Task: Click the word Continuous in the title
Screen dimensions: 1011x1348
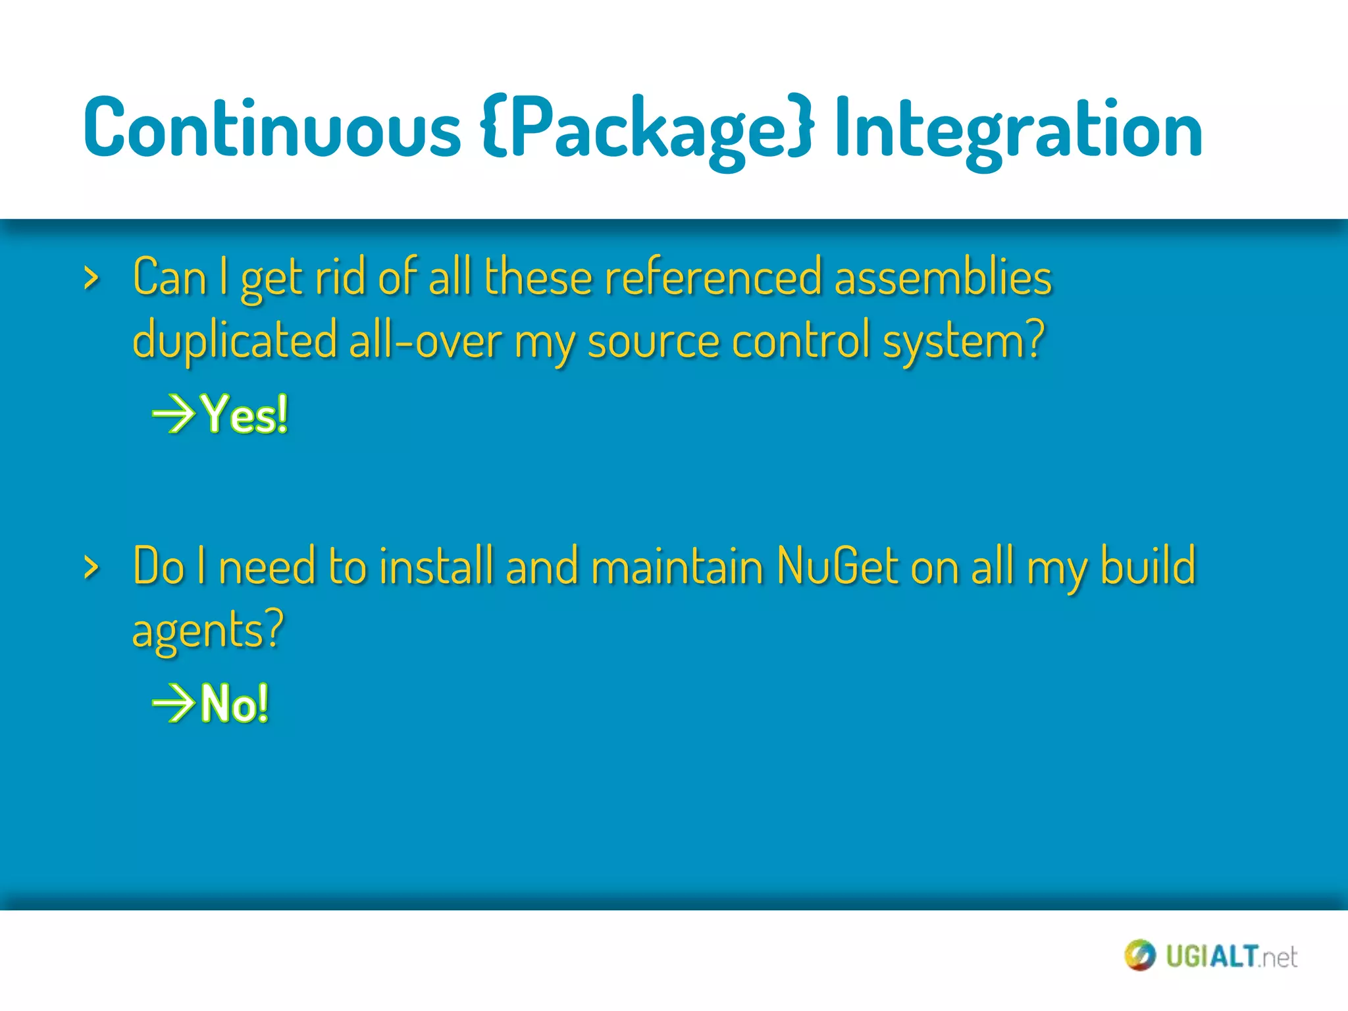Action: [x=271, y=128]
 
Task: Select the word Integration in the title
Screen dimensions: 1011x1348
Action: [x=1018, y=128]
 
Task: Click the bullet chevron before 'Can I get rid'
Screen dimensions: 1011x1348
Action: [x=91, y=279]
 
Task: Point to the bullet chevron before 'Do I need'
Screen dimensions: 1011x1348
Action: [x=91, y=567]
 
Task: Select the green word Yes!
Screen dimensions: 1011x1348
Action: [x=245, y=415]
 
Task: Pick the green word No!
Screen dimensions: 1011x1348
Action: [x=235, y=704]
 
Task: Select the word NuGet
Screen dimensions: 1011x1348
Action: [x=837, y=566]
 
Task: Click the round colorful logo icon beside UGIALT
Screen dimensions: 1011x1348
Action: [x=1139, y=955]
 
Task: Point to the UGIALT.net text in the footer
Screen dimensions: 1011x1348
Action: [x=1231, y=956]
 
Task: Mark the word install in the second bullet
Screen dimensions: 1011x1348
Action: [x=436, y=566]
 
